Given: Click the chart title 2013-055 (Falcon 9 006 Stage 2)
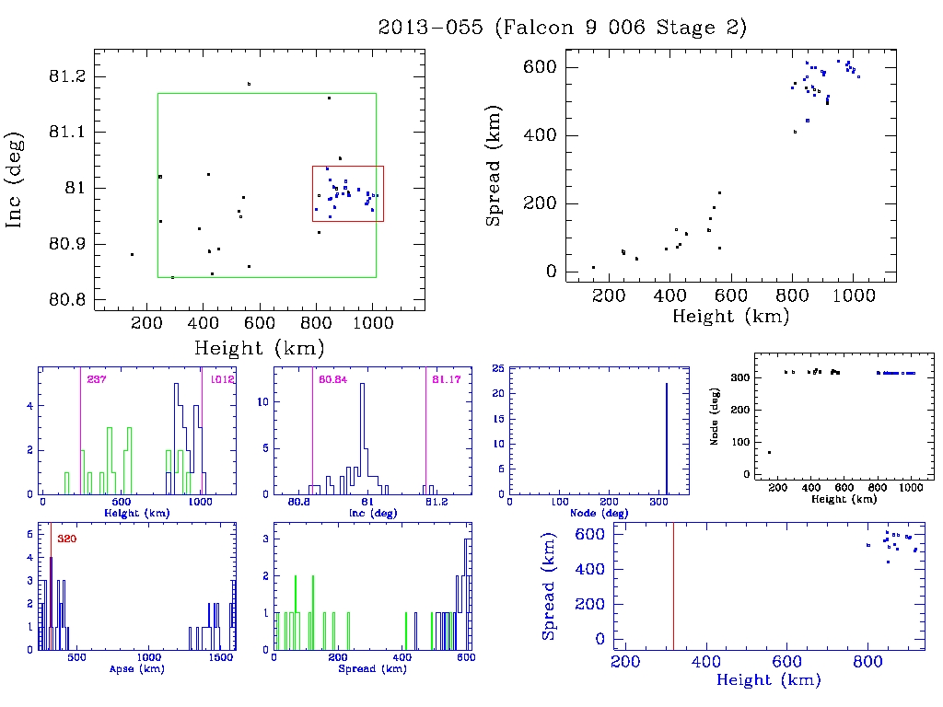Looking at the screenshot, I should coord(563,28).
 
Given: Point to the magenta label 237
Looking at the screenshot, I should coord(96,379).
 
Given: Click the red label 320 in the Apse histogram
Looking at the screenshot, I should coord(66,539).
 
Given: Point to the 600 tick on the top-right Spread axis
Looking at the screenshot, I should coord(538,67).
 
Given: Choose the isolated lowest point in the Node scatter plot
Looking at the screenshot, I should coord(769,452).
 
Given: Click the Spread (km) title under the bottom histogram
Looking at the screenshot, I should coord(374,669).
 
